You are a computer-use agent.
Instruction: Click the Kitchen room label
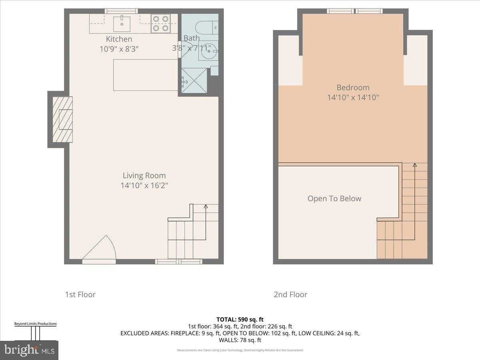[x=119, y=39]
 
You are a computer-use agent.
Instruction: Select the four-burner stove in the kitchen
[x=160, y=23]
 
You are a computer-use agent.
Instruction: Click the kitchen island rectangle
[x=146, y=75]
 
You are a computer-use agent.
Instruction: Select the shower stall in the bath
[x=194, y=81]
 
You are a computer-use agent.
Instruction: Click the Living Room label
[x=144, y=176]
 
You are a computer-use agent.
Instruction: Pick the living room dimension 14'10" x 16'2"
[x=144, y=186]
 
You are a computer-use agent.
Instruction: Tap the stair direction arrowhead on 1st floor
[x=206, y=207]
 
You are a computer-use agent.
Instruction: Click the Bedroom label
[x=353, y=87]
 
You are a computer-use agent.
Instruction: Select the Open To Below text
[x=334, y=198]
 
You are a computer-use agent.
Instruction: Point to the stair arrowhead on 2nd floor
[x=414, y=165]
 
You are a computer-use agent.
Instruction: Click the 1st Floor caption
[x=80, y=294]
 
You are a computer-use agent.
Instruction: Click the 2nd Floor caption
[x=290, y=294]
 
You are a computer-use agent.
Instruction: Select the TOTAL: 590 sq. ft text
[x=240, y=319]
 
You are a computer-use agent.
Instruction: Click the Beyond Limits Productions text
[x=36, y=324]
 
